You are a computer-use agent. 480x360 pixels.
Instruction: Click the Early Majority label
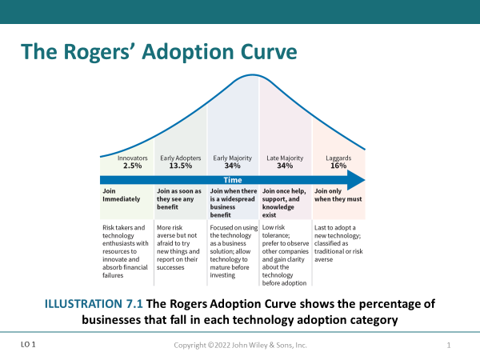tap(232, 158)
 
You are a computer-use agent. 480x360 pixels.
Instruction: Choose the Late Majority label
tap(286, 158)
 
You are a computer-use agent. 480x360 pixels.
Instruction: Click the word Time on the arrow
tap(232, 180)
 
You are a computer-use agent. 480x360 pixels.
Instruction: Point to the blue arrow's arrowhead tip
tap(364, 180)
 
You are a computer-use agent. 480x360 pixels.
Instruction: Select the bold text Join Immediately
tap(121, 196)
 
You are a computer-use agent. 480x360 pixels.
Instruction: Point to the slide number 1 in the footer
tap(450, 345)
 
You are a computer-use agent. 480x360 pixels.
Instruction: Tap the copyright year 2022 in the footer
tap(219, 345)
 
